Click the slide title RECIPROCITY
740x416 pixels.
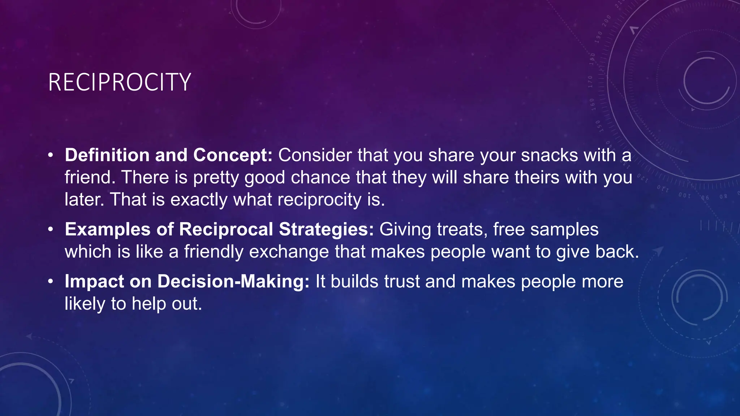coord(119,82)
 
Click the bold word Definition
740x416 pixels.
coord(107,155)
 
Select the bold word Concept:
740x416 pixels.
coord(233,155)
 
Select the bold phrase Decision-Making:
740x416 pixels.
coord(233,282)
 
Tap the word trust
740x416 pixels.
coord(402,282)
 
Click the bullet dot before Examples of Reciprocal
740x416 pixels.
coord(51,230)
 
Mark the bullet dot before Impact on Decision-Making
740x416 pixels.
coord(51,282)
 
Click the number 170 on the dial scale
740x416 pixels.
coord(590,82)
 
